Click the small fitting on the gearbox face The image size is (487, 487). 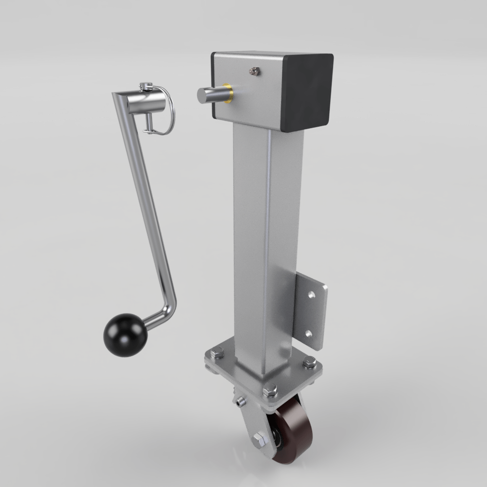point(253,71)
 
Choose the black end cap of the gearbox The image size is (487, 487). point(308,92)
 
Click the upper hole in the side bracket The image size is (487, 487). point(311,295)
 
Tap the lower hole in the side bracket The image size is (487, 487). point(308,334)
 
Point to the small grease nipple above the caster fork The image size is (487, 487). point(239,402)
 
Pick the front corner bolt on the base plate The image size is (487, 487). point(269,390)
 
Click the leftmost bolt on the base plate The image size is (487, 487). point(215,352)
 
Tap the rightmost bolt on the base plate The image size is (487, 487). point(309,362)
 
